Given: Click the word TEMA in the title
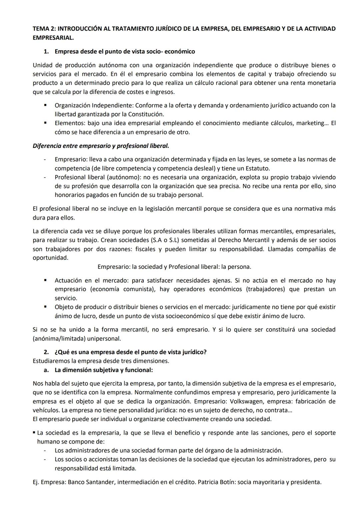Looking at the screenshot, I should pos(40,29).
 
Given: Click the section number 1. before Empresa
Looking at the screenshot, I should pos(47,52).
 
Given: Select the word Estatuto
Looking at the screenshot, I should pos(257,169).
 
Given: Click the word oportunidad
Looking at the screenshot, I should pos(50,258).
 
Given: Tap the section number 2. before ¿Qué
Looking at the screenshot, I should pos(47,352).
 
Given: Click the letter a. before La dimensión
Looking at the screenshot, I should pos(46,370).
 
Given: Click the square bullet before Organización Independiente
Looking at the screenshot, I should pos(45,105).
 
